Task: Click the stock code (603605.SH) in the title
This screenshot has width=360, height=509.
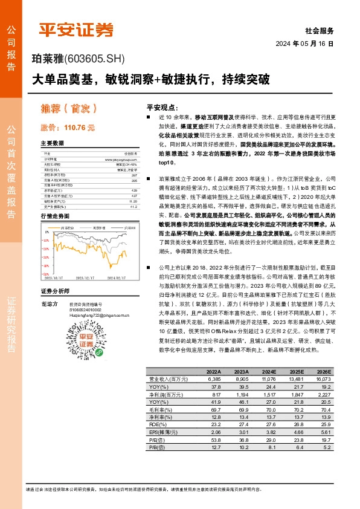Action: tap(94, 59)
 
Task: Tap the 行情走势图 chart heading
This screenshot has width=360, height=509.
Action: tap(55, 216)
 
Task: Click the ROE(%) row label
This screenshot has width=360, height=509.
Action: tap(156, 424)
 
